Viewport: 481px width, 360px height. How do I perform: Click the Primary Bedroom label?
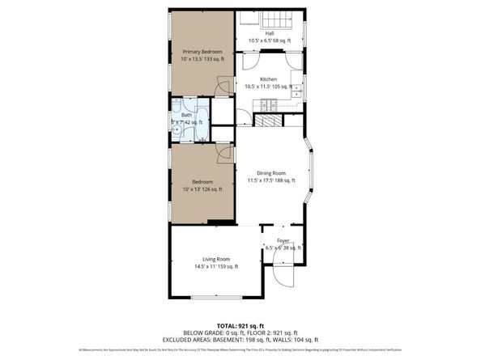point(202,51)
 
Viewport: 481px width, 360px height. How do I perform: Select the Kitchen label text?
point(268,78)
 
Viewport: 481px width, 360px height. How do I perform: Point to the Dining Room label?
point(271,173)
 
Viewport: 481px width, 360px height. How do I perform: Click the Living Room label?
point(215,259)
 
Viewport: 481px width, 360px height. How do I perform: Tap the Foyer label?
point(283,240)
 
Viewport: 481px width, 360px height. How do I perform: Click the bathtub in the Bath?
point(202,121)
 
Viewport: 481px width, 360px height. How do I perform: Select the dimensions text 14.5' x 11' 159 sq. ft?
point(215,267)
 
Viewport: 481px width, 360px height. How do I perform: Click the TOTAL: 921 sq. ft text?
point(240,324)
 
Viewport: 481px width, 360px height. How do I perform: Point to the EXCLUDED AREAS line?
point(240,339)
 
